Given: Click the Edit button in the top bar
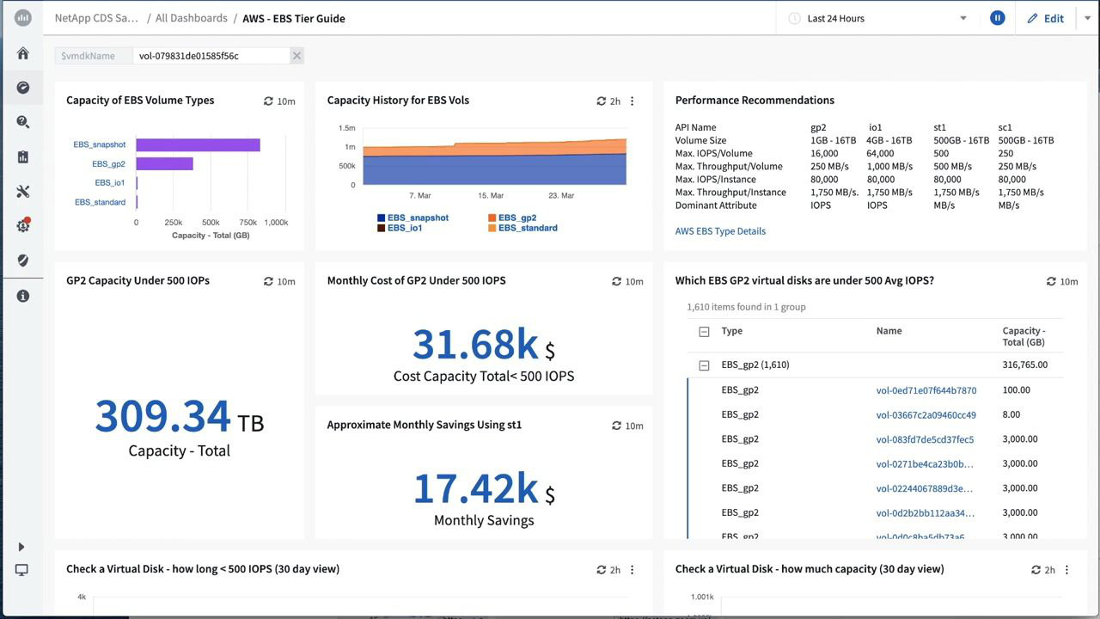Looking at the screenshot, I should [1045, 18].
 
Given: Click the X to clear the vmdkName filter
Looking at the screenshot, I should [296, 56].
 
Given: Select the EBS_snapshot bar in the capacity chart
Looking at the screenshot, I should [198, 144].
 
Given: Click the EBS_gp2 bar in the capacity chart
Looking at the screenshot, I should [164, 163].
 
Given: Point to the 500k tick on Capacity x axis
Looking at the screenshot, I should [211, 222].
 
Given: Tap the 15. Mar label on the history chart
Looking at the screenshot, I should [491, 195].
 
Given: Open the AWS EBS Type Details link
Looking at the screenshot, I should [720, 230].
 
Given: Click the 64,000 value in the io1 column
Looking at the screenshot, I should [880, 153].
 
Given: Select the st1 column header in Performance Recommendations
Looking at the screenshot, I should [939, 127].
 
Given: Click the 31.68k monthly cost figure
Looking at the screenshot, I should [475, 344].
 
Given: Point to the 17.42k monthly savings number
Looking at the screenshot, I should [475, 487].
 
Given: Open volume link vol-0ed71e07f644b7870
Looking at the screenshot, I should [926, 390].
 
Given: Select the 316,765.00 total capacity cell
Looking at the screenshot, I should [1024, 365].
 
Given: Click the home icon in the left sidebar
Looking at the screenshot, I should [23, 53].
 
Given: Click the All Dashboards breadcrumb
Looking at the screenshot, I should [191, 18].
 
